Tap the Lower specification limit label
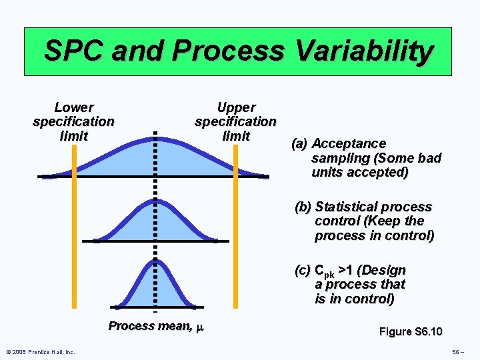tap(73, 121)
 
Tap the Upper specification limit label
tap(235, 121)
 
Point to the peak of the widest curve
tap(155, 133)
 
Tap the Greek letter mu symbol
tap(199, 327)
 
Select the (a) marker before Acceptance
tap(299, 144)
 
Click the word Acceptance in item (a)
tap(349, 144)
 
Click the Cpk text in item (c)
tap(324, 271)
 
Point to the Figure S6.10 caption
tap(410, 332)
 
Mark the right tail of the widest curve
tap(257, 174)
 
